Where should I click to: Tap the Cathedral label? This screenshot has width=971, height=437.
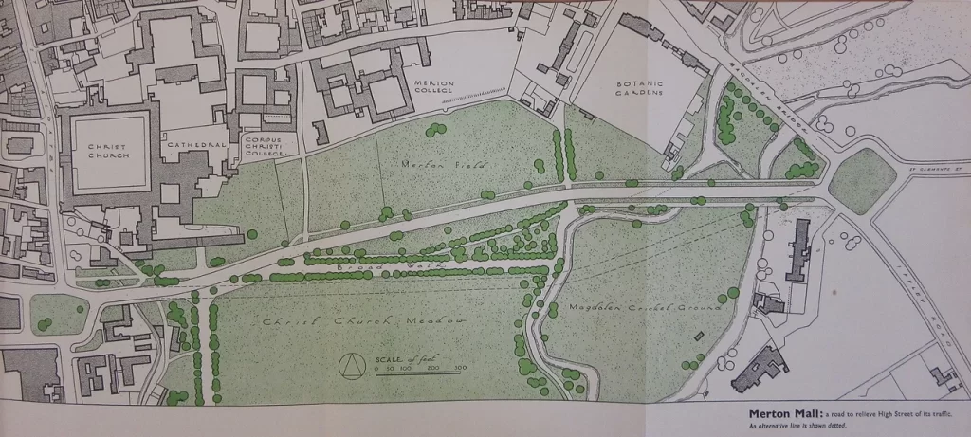[x=194, y=145]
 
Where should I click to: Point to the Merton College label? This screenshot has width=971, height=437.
[x=434, y=88]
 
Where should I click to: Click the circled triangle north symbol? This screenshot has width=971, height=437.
[x=353, y=365]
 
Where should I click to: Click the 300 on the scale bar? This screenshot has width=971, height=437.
[x=460, y=367]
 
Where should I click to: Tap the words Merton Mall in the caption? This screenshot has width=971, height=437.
[x=783, y=413]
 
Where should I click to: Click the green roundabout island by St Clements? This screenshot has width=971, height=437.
[x=861, y=180]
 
